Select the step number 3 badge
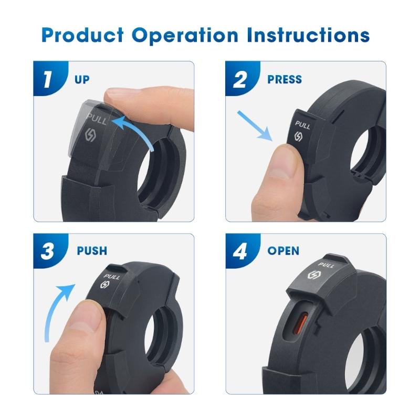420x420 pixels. tap(48, 250)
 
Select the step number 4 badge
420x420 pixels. tap(240, 250)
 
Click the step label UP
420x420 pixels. tap(82, 80)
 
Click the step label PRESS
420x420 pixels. tap(284, 80)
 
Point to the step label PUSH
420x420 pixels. tap(92, 250)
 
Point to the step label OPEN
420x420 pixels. tap(283, 250)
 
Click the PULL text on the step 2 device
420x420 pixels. tap(302, 125)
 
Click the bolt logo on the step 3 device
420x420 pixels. tap(104, 285)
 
